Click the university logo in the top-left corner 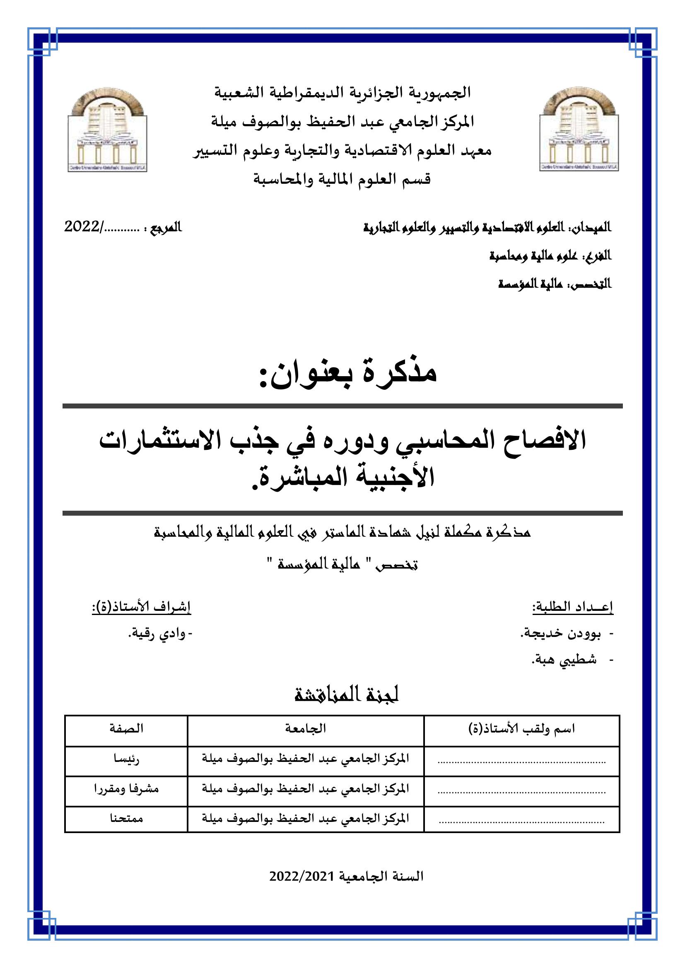pyautogui.click(x=107, y=130)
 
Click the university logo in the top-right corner pyautogui.click(x=579, y=130)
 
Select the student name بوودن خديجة pyautogui.click(x=561, y=634)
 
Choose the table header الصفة pyautogui.click(x=126, y=728)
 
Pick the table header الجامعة pyautogui.click(x=305, y=728)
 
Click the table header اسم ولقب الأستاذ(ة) pyautogui.click(x=522, y=728)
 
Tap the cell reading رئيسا pyautogui.click(x=126, y=759)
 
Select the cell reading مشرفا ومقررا pyautogui.click(x=126, y=789)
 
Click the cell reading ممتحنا pyautogui.click(x=126, y=818)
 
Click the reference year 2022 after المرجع pyautogui.click(x=82, y=227)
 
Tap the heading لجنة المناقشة pyautogui.click(x=346, y=695)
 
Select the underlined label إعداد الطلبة pyautogui.click(x=572, y=607)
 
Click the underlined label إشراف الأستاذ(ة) pyautogui.click(x=142, y=607)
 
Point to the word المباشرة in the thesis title pyautogui.click(x=308, y=477)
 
